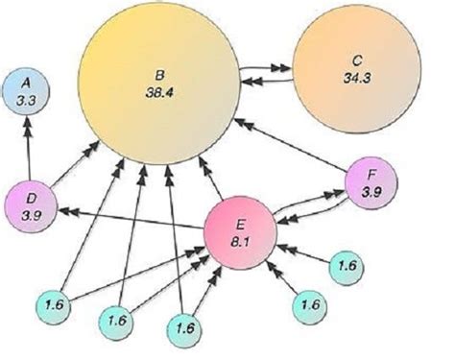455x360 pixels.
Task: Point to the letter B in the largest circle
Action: (x=160, y=74)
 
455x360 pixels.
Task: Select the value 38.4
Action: (x=160, y=91)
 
